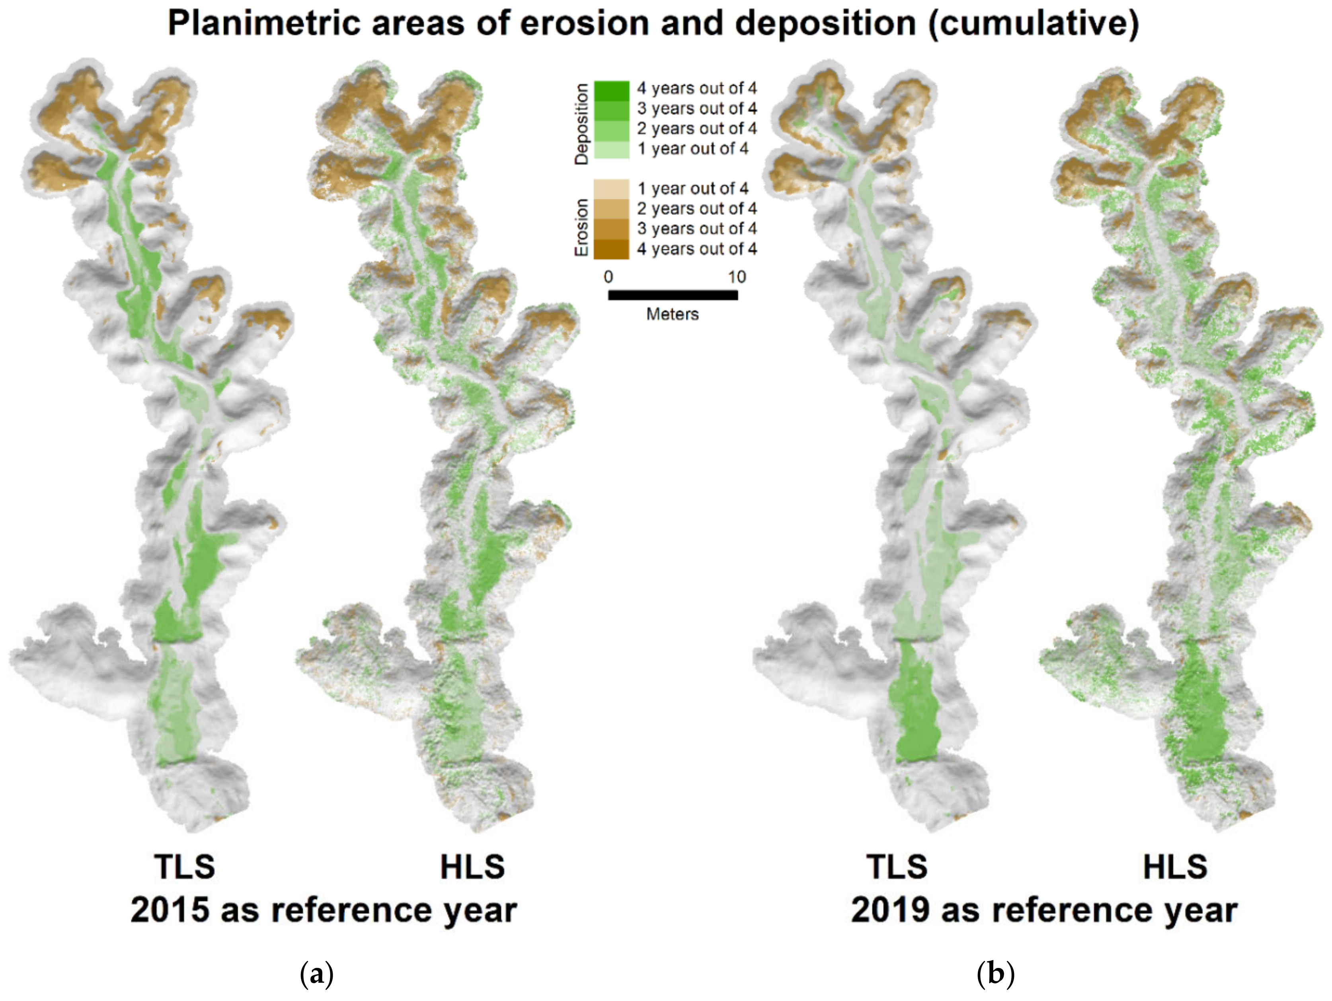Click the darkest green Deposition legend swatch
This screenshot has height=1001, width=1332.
pos(611,89)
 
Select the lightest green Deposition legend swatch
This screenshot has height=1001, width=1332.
pos(611,149)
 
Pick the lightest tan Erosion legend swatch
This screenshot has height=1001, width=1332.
pos(611,189)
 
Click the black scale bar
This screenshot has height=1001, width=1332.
pos(673,295)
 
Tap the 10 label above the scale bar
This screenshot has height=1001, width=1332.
pos(737,277)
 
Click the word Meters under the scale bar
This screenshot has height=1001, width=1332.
pos(672,314)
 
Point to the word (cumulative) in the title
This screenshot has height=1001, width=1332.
pos(1033,24)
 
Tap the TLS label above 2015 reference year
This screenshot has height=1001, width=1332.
pos(185,867)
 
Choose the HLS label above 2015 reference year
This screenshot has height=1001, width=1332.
pos(472,867)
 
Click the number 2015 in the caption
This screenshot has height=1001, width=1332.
pos(170,910)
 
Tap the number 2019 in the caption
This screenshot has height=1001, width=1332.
pos(890,910)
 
